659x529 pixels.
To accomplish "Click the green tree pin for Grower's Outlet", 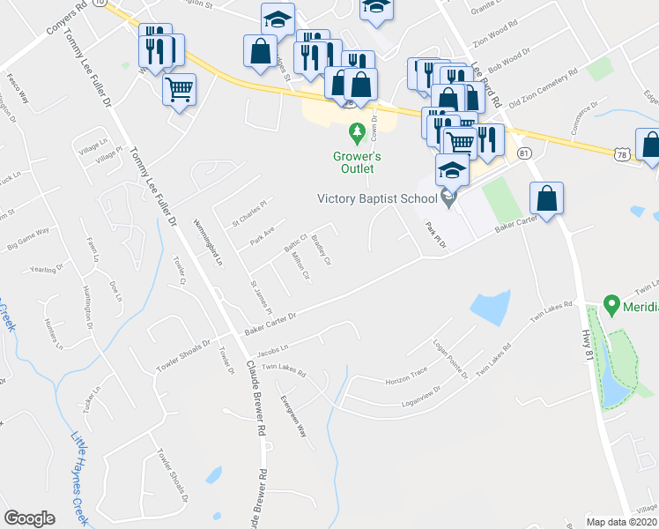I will [357, 134].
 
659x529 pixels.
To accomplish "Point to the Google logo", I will [29, 518].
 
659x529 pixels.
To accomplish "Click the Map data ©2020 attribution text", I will [622, 522].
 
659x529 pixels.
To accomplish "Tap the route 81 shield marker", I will [525, 153].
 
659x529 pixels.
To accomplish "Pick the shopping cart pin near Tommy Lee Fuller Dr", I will [179, 88].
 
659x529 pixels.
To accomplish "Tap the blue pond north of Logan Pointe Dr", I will [490, 306].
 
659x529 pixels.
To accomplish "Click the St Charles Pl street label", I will [248, 211].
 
